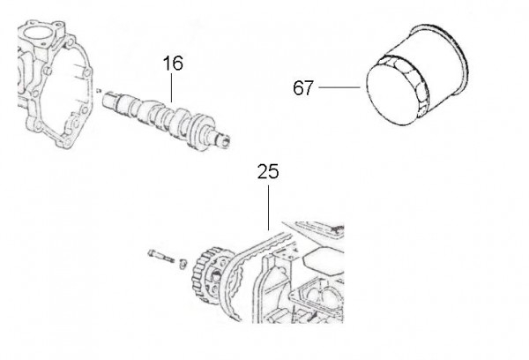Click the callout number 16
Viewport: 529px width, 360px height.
tap(172, 64)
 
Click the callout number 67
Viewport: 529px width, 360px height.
tap(303, 88)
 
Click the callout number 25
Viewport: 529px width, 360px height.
tap(267, 170)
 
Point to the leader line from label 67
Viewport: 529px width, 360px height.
tap(340, 87)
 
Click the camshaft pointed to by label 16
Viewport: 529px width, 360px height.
tap(168, 115)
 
